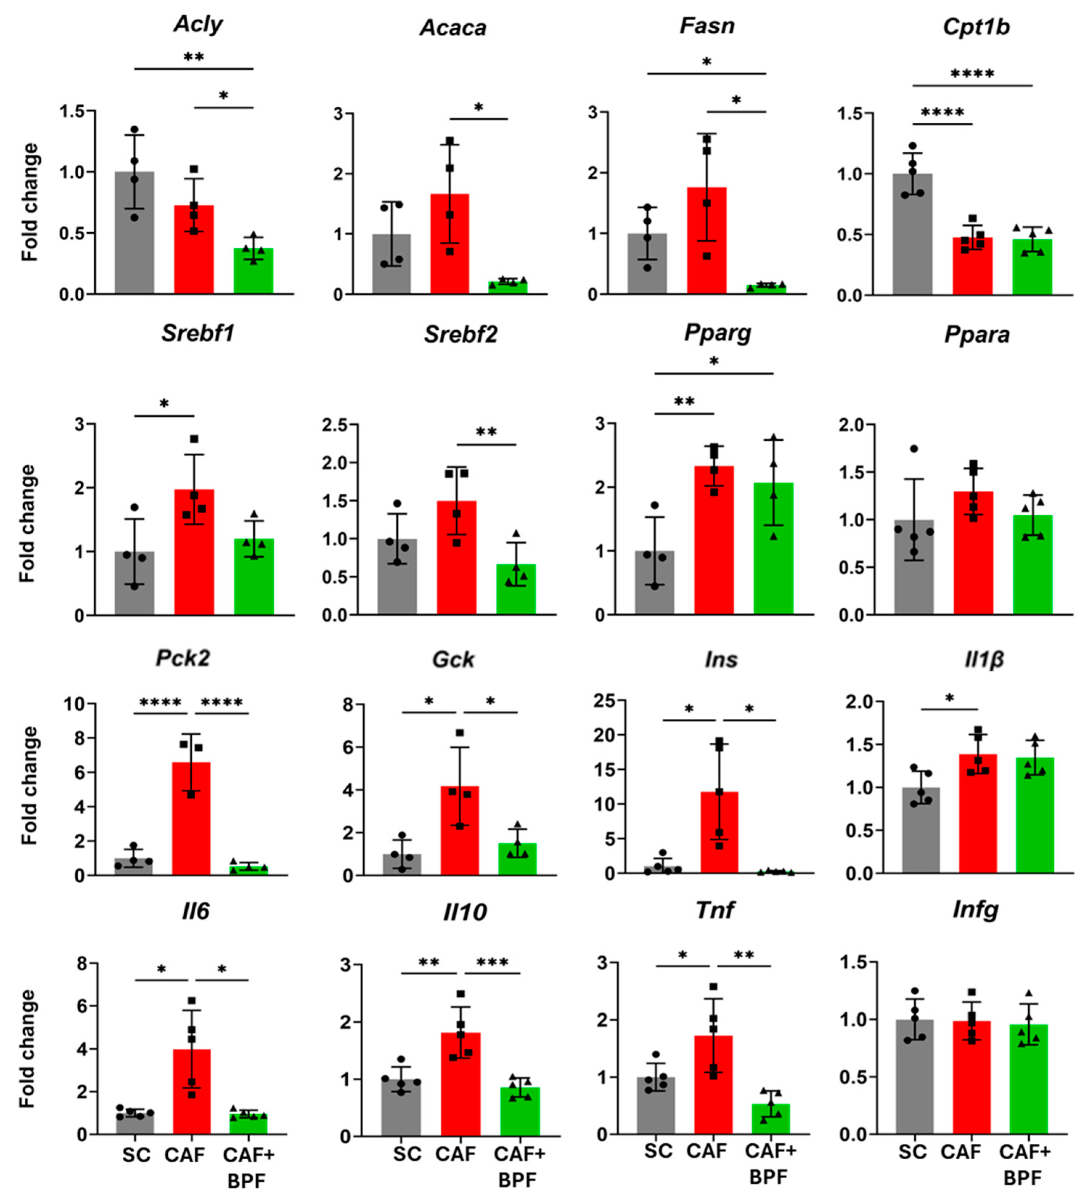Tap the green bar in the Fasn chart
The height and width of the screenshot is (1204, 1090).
point(766,289)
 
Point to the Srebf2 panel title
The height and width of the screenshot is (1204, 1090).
point(461,334)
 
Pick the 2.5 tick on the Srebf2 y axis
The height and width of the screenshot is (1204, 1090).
point(336,425)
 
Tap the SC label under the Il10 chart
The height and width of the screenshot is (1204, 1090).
point(407,1154)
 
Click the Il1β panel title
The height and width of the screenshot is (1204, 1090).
point(984,659)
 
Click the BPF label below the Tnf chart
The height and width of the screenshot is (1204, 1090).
point(768,1177)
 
